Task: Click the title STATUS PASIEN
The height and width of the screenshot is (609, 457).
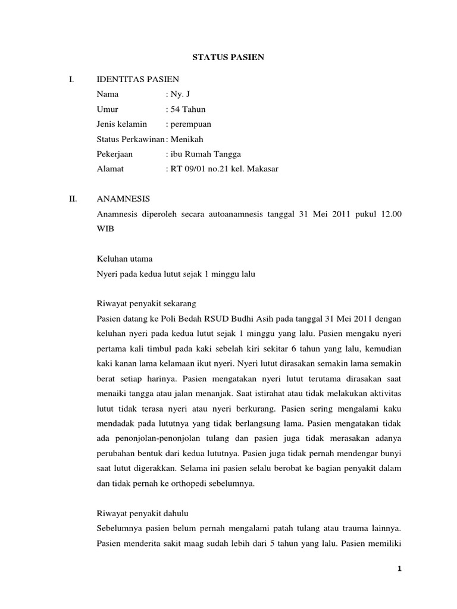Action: [x=228, y=58]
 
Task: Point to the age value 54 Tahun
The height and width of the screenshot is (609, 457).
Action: [x=187, y=109]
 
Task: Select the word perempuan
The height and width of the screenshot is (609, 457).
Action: [x=192, y=124]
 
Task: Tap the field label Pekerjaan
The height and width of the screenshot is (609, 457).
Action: [x=114, y=154]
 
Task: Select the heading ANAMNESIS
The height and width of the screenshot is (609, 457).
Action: [x=123, y=199]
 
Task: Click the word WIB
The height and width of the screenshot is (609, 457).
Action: [x=105, y=228]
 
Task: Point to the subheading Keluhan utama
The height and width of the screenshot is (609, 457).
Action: [x=124, y=259]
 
